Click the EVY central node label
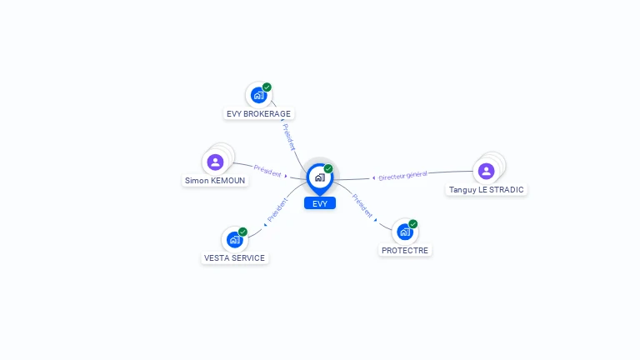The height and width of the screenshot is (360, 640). coord(320,203)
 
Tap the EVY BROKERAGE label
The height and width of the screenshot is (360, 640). coord(259,113)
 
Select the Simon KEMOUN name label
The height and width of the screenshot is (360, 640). coord(216,180)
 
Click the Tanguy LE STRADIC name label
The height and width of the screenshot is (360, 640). coord(487,189)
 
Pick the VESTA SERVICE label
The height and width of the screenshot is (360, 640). coord(234,257)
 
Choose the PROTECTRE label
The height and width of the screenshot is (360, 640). coord(405,250)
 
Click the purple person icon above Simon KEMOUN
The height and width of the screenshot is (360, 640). coord(216,162)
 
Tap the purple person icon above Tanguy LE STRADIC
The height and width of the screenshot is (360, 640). coord(487,171)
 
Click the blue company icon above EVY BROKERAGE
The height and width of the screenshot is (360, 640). coord(258,95)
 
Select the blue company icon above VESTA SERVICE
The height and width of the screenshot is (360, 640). coord(234,240)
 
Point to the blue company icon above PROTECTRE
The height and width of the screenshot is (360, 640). coord(404,232)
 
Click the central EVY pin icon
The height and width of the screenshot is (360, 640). coord(319,177)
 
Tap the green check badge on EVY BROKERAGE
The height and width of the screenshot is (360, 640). coord(267,87)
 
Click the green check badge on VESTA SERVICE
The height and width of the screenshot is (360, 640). coord(242,232)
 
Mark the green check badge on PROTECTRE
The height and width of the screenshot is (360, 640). coord(412,224)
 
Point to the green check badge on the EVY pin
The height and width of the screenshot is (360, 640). coord(328,168)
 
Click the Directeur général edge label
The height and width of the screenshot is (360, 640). coord(402,176)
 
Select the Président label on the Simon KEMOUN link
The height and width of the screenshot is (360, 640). coord(267,172)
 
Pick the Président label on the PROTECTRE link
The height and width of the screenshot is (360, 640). coord(362,206)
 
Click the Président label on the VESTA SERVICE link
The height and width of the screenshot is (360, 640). coord(277,210)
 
